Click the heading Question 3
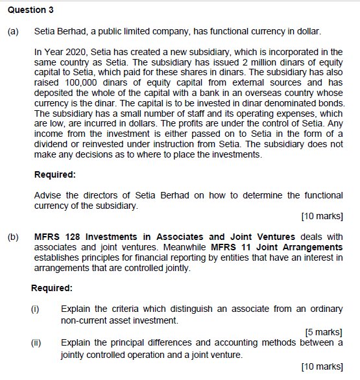(x=27, y=10)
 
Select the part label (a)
(x=12, y=31)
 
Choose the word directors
(x=110, y=195)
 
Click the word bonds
(x=331, y=103)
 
